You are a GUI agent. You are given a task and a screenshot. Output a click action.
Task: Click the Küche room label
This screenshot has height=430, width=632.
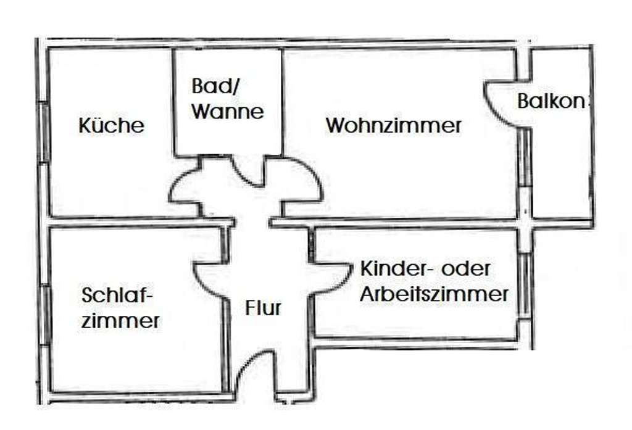(111, 125)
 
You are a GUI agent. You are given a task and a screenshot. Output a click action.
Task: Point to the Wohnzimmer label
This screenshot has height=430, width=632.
(394, 126)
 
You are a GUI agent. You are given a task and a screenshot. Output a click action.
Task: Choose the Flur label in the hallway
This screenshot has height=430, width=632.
(263, 307)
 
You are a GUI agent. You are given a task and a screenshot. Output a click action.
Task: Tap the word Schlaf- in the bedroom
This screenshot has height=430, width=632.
(117, 296)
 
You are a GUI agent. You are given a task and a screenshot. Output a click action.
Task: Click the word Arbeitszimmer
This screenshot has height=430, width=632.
(434, 294)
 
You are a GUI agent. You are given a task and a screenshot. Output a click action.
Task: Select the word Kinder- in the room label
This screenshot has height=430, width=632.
(389, 269)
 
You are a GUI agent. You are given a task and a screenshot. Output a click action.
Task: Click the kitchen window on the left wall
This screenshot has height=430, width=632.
(44, 133)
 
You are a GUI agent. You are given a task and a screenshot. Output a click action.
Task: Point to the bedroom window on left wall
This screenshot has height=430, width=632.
(45, 315)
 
